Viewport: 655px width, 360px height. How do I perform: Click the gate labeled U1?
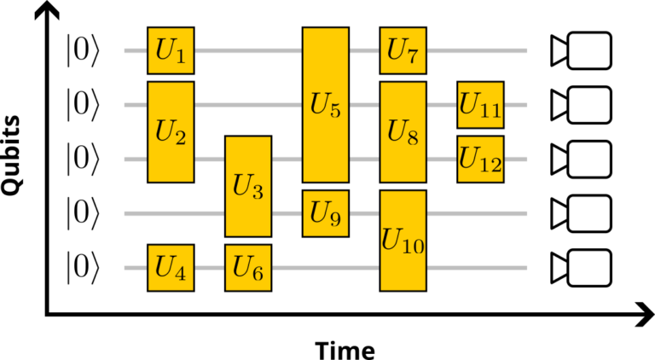171,50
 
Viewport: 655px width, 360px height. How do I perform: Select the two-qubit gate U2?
171,131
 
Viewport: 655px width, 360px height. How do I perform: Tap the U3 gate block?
248,186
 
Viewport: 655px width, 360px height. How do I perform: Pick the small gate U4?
171,267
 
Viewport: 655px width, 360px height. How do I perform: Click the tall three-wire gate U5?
325,105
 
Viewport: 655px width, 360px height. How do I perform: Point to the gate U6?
248,267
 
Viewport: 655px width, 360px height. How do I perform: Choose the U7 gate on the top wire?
403,50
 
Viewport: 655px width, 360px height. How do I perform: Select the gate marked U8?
403,131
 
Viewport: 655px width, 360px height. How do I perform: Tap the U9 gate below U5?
325,213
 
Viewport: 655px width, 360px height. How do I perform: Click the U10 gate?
403,240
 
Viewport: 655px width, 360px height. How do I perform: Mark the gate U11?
480,105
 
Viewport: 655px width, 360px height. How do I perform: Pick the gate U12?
480,159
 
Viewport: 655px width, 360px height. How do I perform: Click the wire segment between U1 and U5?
247,50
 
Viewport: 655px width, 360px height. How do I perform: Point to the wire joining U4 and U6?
209,267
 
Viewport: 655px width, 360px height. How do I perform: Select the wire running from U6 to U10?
325,267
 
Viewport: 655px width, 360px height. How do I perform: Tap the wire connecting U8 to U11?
441,105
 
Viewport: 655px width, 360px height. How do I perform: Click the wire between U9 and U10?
364,213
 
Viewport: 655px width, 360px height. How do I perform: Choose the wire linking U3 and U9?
287,213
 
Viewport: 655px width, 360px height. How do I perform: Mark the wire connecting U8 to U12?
441,159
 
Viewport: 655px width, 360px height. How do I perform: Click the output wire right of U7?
478,50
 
